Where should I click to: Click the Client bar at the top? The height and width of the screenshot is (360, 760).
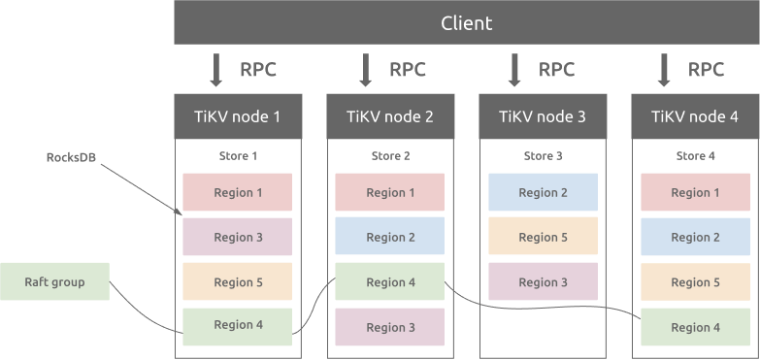point(466,22)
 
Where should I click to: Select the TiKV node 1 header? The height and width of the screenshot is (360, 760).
point(238,116)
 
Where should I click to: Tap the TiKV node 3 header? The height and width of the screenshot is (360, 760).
point(543,116)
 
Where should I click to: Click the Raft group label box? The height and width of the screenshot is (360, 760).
point(54,282)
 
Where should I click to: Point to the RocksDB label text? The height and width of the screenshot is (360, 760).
point(72,156)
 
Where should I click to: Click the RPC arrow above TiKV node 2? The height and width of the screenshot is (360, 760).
point(366,70)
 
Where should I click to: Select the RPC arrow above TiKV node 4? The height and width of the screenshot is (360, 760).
point(665,70)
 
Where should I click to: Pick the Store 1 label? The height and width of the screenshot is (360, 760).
point(238,155)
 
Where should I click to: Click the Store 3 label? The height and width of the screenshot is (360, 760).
point(543,155)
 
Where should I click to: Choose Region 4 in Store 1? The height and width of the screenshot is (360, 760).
point(238,326)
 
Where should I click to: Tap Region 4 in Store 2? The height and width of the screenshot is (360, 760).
point(390,282)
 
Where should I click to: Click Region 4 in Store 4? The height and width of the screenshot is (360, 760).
point(695,327)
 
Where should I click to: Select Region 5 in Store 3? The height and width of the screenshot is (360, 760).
point(543,237)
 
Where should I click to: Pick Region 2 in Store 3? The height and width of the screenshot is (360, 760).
point(543,192)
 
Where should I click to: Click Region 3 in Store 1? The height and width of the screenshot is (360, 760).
point(238,237)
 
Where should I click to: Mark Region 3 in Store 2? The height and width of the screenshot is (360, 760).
point(390,327)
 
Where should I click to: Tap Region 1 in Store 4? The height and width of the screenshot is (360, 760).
point(695,192)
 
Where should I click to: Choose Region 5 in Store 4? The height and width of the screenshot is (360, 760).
point(695,282)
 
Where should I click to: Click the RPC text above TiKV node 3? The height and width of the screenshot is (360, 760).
point(556,70)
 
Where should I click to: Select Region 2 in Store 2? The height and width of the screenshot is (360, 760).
point(390,237)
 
